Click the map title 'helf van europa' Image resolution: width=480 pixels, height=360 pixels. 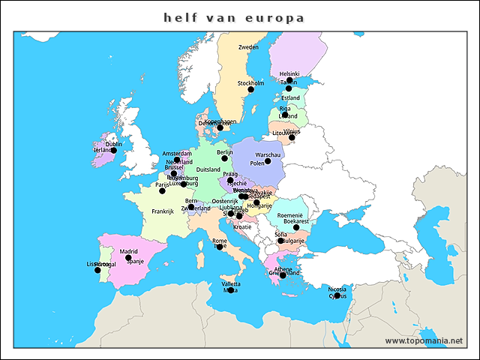point(234,17)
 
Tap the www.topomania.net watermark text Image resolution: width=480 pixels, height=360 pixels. point(424,341)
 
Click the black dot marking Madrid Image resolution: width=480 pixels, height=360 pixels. point(128,258)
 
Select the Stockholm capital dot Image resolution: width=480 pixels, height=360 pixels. point(251,89)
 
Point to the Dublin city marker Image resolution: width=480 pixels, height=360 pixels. point(114,150)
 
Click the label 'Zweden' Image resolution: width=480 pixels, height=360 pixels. point(248,47)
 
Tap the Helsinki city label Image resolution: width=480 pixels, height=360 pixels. point(289,74)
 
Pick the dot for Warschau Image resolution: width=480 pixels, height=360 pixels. point(268,160)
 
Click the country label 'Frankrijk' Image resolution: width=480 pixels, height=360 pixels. point(163,212)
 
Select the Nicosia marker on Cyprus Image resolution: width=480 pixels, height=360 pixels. point(337,295)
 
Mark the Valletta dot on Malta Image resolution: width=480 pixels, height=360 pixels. point(231,290)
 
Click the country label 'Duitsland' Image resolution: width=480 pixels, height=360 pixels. point(208,170)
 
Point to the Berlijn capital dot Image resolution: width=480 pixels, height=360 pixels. point(224,158)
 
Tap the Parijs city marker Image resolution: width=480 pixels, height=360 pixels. point(162,190)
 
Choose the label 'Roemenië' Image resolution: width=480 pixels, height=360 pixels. point(290,215)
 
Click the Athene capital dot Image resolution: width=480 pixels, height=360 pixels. point(283,275)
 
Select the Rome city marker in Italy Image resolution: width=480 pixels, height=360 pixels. point(220,247)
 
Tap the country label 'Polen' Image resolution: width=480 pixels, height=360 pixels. point(257,163)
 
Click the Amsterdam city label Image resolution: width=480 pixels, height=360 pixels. point(177,154)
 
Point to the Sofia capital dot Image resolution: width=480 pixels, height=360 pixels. point(280,241)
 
